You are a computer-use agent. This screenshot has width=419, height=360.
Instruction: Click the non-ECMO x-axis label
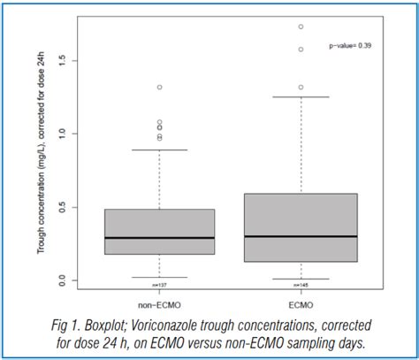[x=160, y=298]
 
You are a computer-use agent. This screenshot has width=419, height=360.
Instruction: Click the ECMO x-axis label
[x=301, y=298]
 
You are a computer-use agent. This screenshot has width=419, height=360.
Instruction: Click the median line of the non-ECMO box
[x=160, y=238]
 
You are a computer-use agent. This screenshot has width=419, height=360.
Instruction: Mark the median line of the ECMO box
[x=301, y=236]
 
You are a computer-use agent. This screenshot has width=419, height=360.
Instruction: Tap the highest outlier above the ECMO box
[x=301, y=27]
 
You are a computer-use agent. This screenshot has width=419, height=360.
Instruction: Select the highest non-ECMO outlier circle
[x=160, y=88]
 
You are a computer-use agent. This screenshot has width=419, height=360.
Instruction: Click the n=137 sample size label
[x=160, y=285]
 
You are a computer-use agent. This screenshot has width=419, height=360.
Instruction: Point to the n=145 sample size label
[x=301, y=285]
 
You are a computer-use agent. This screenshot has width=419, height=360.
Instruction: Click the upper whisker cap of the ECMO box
[x=301, y=97]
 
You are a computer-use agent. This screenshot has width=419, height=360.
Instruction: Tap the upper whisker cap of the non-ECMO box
[x=160, y=150]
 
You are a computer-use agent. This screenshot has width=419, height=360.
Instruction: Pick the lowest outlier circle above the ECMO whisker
[x=301, y=88]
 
